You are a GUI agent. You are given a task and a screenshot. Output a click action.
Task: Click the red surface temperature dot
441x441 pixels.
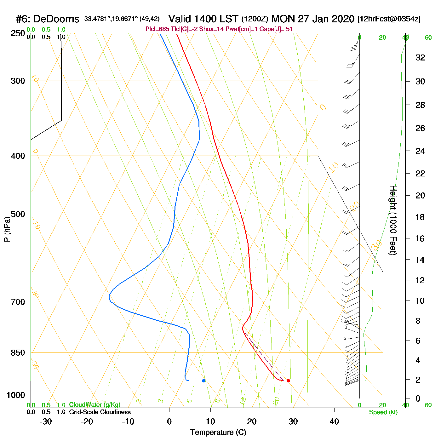pos(288,381)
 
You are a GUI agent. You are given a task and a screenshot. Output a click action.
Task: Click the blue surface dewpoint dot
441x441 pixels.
pos(203,381)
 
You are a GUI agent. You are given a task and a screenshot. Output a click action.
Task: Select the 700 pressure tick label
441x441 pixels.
pos(18,302)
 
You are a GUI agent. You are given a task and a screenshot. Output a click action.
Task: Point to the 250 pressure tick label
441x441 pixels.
pos(18,33)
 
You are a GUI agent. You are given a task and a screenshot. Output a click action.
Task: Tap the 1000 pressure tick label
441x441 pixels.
pos(16,395)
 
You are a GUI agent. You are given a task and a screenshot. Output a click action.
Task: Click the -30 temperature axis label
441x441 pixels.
pos(46,421)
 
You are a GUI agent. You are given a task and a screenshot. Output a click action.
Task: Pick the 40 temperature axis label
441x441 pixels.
pos(334,421)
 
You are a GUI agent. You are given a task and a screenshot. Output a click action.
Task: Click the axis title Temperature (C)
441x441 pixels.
pos(218,432)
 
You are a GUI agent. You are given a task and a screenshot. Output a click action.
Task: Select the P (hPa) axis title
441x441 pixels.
pos(7,229)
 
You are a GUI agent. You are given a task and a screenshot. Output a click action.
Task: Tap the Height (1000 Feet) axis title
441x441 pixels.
pos(393,220)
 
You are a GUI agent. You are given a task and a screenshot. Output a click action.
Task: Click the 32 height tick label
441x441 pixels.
pos(420,57)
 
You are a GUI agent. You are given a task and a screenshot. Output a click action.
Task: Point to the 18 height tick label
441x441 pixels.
pos(420,217)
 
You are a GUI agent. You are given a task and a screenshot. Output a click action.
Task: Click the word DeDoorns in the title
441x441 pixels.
pos(56,19)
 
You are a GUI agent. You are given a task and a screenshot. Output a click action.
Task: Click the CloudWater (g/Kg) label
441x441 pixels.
pos(94,405)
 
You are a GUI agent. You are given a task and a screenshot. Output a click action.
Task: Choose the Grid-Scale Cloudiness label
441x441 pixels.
pos(100,412)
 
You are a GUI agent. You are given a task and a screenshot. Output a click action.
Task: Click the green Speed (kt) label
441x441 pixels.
pos(383,412)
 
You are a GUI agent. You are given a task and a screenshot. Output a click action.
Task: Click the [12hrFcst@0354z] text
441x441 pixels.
pos(389,19)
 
